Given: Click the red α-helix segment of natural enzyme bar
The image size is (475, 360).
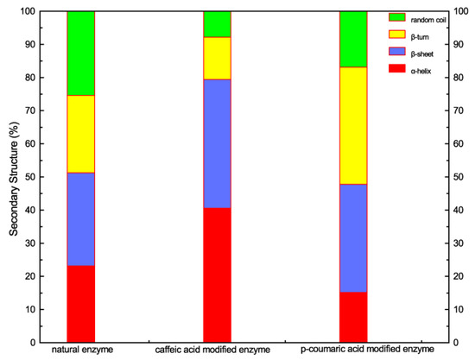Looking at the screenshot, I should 80,303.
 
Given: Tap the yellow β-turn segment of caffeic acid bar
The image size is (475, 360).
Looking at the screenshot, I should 217,58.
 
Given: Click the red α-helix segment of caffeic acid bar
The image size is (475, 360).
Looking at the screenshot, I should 217,275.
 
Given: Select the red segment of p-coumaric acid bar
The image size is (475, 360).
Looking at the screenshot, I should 353,317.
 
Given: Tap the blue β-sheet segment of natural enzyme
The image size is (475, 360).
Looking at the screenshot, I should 80,219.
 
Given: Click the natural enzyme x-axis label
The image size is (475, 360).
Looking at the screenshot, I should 81,350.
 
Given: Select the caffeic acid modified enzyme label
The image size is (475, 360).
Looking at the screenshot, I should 217,350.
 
